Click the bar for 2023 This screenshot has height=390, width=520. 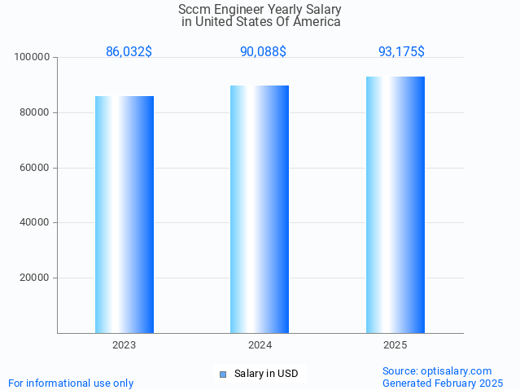[125, 214]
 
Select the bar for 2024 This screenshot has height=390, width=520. [260, 209]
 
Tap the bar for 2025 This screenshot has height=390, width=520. [395, 204]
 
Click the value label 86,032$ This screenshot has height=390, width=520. [129, 52]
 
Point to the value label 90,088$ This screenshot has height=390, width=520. [263, 52]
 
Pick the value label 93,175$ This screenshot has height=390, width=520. [401, 52]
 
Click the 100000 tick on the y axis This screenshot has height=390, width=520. [33, 58]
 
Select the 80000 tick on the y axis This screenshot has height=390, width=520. [35, 113]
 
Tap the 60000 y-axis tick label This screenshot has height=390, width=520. [35, 168]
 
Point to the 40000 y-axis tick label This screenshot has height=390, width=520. [35, 222]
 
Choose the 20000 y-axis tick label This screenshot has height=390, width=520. [35, 278]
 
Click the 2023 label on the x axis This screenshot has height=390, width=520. [125, 345]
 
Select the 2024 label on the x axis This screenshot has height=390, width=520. [260, 345]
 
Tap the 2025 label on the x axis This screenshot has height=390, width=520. [395, 345]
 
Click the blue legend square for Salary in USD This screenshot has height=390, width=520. [223, 375]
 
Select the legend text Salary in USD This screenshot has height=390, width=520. [266, 375]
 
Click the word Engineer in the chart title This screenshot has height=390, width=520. [244, 10]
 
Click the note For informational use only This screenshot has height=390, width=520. [71, 383]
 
